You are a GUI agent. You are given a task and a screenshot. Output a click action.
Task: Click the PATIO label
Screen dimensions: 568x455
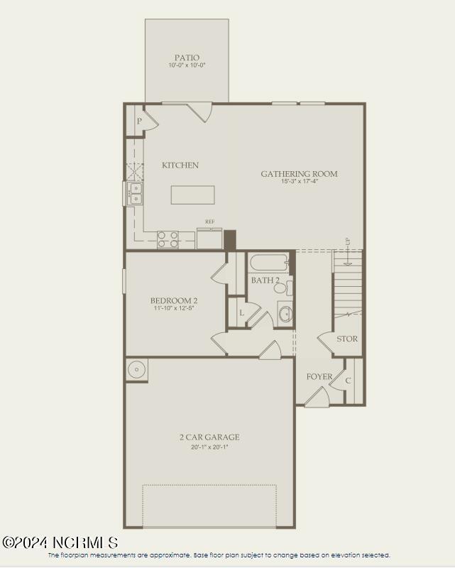tap(187, 58)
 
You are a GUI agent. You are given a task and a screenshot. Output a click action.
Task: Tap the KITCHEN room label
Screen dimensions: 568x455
tap(180, 165)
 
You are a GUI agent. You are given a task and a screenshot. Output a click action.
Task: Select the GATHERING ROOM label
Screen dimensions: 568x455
tap(299, 174)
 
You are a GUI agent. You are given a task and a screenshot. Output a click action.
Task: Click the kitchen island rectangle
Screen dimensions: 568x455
tap(192, 195)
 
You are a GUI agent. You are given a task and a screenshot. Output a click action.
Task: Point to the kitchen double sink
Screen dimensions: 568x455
tap(135, 193)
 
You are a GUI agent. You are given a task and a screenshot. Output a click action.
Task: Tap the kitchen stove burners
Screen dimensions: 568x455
tap(168, 239)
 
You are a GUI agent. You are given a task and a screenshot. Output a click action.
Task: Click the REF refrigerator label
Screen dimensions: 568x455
tap(209, 222)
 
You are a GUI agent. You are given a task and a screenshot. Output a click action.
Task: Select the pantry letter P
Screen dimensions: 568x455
tap(139, 121)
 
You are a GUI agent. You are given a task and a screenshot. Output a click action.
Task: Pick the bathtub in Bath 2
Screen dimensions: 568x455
tap(268, 263)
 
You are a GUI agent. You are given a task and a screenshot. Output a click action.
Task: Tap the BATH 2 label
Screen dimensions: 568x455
tap(265, 280)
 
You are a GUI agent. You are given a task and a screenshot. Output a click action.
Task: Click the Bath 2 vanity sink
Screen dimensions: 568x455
tap(285, 312)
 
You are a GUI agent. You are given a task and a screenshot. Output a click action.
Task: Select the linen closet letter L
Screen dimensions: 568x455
tap(241, 312)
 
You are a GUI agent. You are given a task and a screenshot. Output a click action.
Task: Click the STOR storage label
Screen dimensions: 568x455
tap(347, 339)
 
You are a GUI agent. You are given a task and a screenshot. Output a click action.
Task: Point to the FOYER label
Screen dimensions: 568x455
tap(319, 376)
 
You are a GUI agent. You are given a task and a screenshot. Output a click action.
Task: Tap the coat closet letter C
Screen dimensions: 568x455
tap(348, 381)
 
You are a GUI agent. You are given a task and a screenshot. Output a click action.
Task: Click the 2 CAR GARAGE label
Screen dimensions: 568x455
tap(209, 437)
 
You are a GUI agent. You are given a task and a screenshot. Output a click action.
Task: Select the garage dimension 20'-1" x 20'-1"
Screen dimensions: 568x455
tap(209, 447)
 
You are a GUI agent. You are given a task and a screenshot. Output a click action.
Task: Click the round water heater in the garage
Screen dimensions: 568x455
tap(136, 369)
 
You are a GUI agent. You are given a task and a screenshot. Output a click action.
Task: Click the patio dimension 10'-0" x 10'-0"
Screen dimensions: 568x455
tap(187, 66)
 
